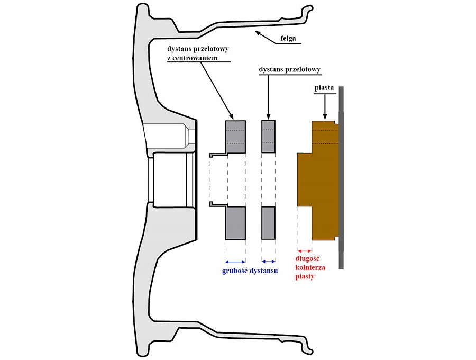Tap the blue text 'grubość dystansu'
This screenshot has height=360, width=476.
250,271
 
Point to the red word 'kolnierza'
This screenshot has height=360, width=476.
310,268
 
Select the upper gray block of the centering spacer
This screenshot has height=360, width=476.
235,137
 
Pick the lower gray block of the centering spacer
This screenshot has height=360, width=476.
235,222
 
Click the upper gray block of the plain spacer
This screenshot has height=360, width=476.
269,137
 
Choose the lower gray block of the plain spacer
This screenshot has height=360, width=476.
269,222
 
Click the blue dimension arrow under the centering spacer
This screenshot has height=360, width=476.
235,261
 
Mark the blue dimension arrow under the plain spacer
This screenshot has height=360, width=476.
269,261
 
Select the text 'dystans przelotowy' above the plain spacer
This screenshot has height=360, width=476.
290,69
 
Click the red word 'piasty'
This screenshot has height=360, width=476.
305,276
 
